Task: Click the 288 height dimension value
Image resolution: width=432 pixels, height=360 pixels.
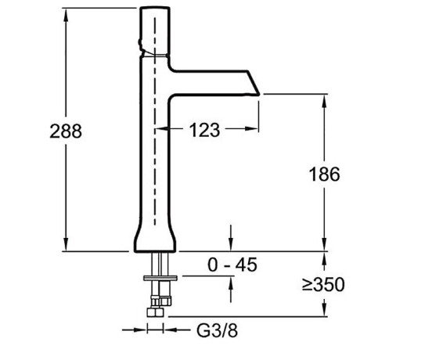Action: [x=66, y=131]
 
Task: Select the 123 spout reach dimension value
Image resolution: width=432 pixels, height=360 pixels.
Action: [x=205, y=130]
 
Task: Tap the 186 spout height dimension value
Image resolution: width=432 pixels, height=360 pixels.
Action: [x=324, y=175]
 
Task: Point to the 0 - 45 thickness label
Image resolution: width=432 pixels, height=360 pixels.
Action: [x=232, y=265]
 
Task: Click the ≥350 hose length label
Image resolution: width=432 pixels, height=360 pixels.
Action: [x=323, y=284]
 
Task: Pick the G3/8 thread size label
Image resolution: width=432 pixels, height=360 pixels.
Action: [x=217, y=330]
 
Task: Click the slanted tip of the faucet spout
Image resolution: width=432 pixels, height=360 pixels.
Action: [x=254, y=83]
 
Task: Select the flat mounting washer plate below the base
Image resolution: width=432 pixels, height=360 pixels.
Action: [x=160, y=278]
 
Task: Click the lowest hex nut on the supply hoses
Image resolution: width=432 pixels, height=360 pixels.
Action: [x=155, y=312]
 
